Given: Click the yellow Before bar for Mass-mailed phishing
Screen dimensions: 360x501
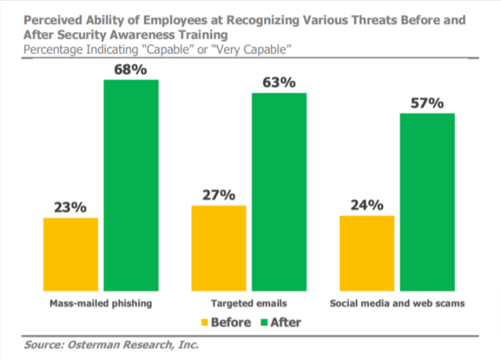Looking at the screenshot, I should point(71,254).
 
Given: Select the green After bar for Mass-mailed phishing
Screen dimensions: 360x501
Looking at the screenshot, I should point(131,185).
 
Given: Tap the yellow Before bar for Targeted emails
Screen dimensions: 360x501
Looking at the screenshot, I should point(219,248).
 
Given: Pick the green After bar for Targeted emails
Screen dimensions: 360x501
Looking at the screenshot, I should point(279,192).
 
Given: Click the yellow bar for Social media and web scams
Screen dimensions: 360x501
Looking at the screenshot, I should point(367,253).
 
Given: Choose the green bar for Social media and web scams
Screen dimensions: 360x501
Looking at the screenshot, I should point(427,202).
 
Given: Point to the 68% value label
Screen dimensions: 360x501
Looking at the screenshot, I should point(131,70).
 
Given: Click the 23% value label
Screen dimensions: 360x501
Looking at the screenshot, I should point(70,208).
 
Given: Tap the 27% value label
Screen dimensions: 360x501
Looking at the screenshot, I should point(219,195).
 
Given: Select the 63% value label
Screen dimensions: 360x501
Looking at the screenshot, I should point(279,82).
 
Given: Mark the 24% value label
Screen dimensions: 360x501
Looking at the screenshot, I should point(367,205).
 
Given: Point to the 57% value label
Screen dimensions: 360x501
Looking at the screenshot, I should point(427,103).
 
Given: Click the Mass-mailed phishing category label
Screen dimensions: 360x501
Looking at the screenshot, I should point(101,303).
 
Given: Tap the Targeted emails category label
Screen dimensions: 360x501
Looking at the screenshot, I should point(249,303).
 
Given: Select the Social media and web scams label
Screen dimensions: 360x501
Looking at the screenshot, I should point(397,303).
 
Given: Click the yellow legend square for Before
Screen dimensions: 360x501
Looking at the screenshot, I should point(204,322).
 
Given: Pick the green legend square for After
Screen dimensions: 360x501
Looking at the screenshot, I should point(264,322).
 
